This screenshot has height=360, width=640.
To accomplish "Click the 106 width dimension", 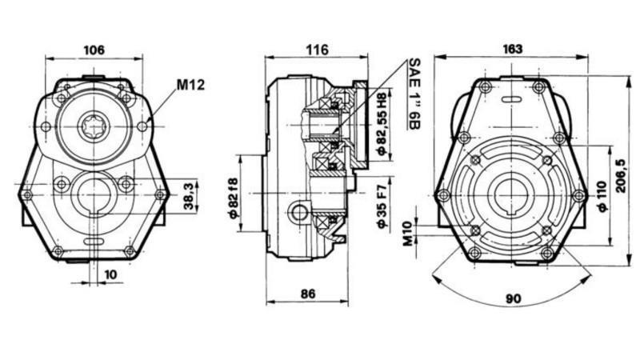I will coord(94,50).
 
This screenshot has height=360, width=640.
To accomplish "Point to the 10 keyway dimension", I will coord(110,274).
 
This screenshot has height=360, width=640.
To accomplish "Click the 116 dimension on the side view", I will coord(317,50).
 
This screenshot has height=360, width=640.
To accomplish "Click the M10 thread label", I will coord(407,233).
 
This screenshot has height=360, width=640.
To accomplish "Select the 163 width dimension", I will coord(513,49).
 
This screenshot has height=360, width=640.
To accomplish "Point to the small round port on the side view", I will coord(300,212).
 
